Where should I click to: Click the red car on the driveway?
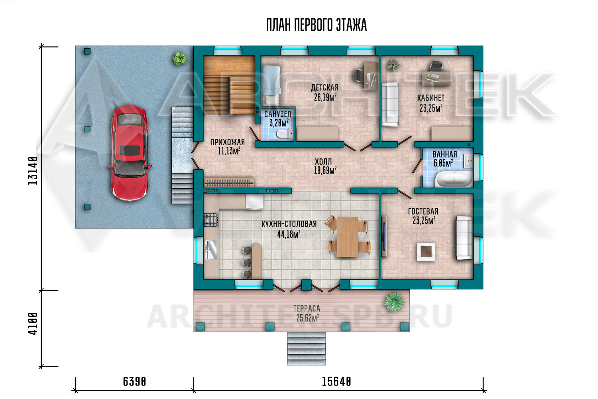pos(130,152)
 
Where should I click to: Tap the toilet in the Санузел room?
pos(284,134)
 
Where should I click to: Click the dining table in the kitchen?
pos(347,237)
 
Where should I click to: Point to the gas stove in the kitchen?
pos(211,220)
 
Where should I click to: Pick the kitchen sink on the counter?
pos(211,250)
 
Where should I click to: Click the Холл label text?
pos(323,162)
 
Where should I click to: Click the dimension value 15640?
pos(336,382)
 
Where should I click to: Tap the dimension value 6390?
pos(135,382)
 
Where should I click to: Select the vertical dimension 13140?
pos(33,170)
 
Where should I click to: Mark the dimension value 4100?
pos(33,324)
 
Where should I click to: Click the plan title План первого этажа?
pos(317,25)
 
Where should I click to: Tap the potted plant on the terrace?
pos(394,302)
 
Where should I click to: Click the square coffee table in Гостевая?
pos(426,252)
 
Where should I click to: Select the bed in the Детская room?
pos(271,85)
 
